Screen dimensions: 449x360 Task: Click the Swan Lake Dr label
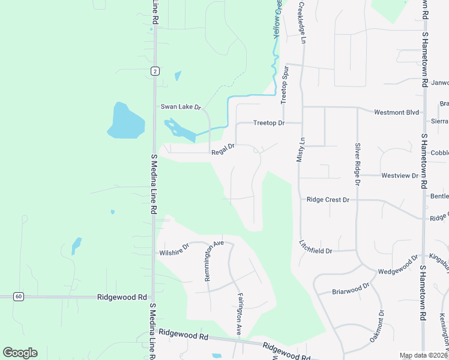(180, 107)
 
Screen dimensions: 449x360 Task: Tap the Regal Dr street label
(222, 152)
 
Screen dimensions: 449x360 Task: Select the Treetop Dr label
(268, 122)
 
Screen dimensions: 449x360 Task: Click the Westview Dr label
(400, 175)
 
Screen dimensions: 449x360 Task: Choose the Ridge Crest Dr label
(328, 199)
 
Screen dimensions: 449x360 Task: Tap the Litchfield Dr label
(316, 247)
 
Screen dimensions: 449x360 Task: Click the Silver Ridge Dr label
(357, 163)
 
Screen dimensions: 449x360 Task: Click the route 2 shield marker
(155, 71)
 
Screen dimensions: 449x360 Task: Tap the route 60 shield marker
(19, 296)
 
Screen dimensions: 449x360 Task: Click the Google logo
(20, 353)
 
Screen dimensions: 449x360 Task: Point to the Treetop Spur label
(285, 84)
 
